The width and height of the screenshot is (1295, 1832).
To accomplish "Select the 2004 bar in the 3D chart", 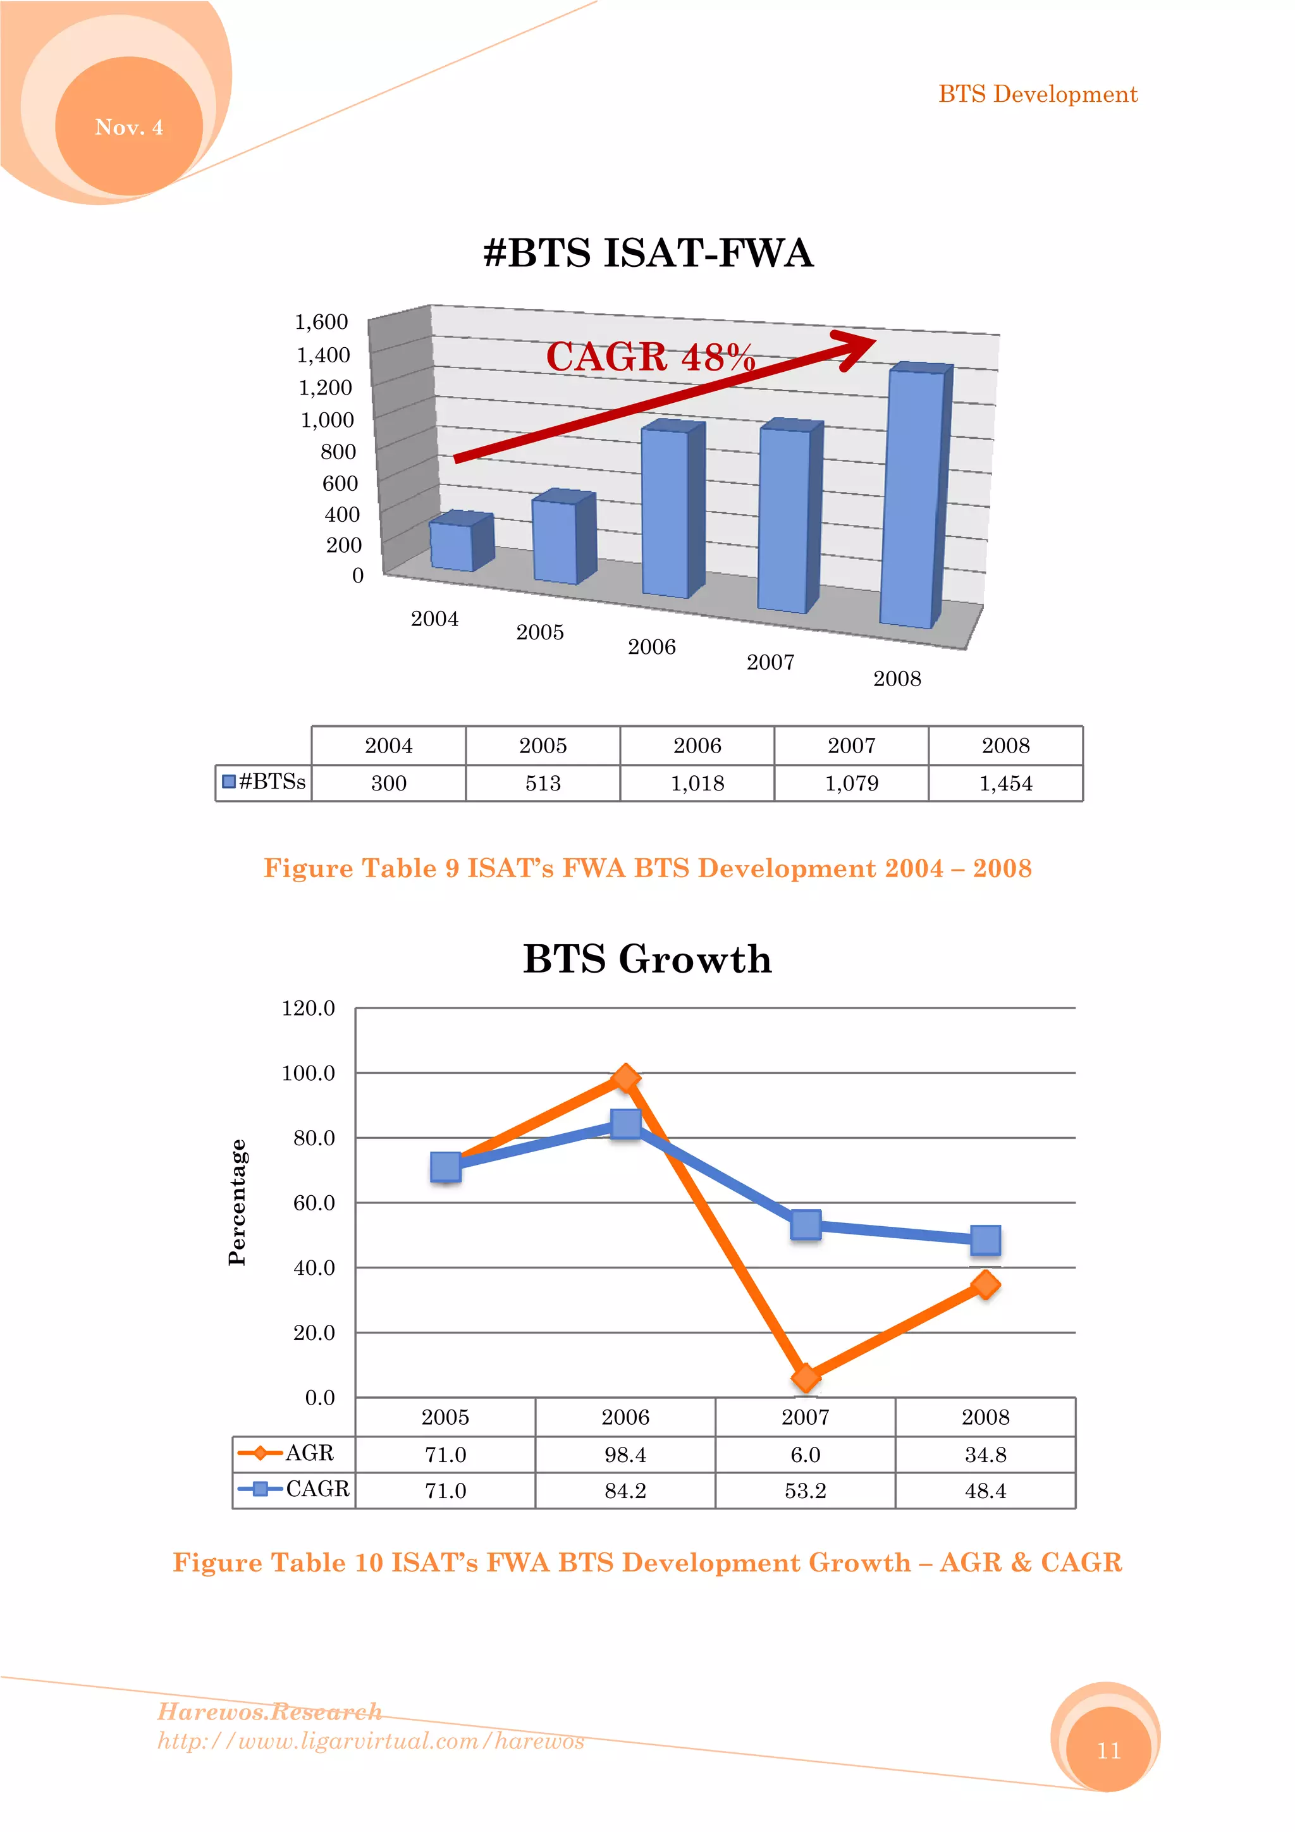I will (x=451, y=546).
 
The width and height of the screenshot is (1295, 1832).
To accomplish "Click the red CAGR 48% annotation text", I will (x=650, y=357).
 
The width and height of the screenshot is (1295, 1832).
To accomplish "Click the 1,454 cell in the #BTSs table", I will (x=1005, y=784).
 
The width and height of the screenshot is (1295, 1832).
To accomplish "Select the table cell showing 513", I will (x=543, y=784).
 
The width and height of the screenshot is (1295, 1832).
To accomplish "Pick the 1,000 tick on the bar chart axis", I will (x=327, y=420).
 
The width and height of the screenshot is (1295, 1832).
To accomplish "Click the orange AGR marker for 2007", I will (x=806, y=1378).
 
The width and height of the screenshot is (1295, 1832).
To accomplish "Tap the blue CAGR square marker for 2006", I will (x=625, y=1124).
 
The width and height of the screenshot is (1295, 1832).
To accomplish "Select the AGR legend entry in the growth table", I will (x=292, y=1453).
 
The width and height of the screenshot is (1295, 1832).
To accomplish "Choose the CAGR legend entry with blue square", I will (x=293, y=1489).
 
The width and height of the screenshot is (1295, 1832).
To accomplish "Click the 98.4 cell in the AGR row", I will (x=625, y=1454).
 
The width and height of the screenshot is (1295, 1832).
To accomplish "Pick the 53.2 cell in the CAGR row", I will (x=805, y=1491).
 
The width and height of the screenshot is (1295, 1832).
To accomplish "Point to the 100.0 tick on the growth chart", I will (x=308, y=1073).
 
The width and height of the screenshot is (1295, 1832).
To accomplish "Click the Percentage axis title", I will (x=238, y=1202).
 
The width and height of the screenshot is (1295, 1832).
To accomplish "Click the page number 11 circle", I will (x=1108, y=1750).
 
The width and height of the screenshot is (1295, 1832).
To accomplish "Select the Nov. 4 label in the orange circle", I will (x=129, y=127).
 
